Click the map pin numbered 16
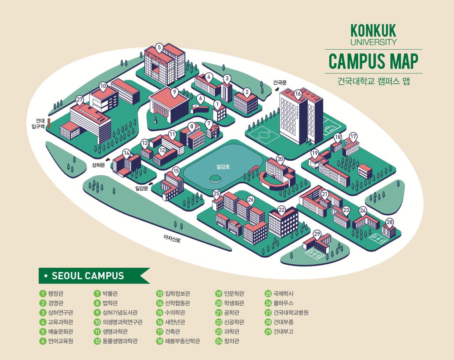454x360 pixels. pyautogui.click(x=298, y=94)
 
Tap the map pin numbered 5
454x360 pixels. pyautogui.click(x=159, y=47)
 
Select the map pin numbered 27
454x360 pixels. pyautogui.click(x=79, y=100)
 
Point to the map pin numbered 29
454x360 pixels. pyautogui.click(x=317, y=234)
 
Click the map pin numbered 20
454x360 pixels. pyautogui.click(x=281, y=159)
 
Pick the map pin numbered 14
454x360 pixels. pyautogui.click(x=126, y=153)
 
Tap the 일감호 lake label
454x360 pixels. pyautogui.click(x=223, y=167)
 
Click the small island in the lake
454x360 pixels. pyautogui.click(x=215, y=178)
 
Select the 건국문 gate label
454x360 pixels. pyautogui.click(x=280, y=82)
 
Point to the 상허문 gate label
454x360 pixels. pyautogui.click(x=98, y=165)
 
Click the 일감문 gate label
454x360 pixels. pyautogui.click(x=142, y=188)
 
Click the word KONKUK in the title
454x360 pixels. pyautogui.click(x=373, y=30)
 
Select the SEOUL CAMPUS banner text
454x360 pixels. pyautogui.click(x=88, y=276)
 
